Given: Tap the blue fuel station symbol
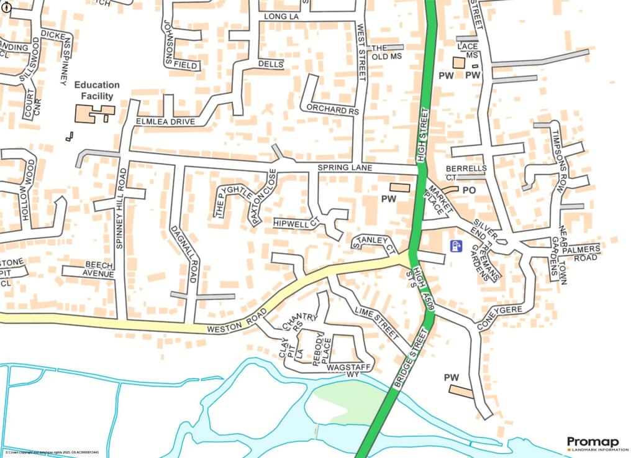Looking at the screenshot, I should [456, 246].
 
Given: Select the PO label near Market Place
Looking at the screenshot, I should [469, 190].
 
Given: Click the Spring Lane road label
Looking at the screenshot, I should [345, 168].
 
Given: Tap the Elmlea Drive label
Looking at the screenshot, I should [165, 121].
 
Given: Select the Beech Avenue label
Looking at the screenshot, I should [91, 269].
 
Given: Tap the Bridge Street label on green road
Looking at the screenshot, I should [411, 359].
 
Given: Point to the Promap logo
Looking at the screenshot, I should [593, 443].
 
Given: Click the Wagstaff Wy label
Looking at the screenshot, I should [345, 370].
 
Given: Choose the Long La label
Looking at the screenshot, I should [281, 17].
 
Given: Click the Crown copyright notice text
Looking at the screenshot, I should [50, 452].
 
